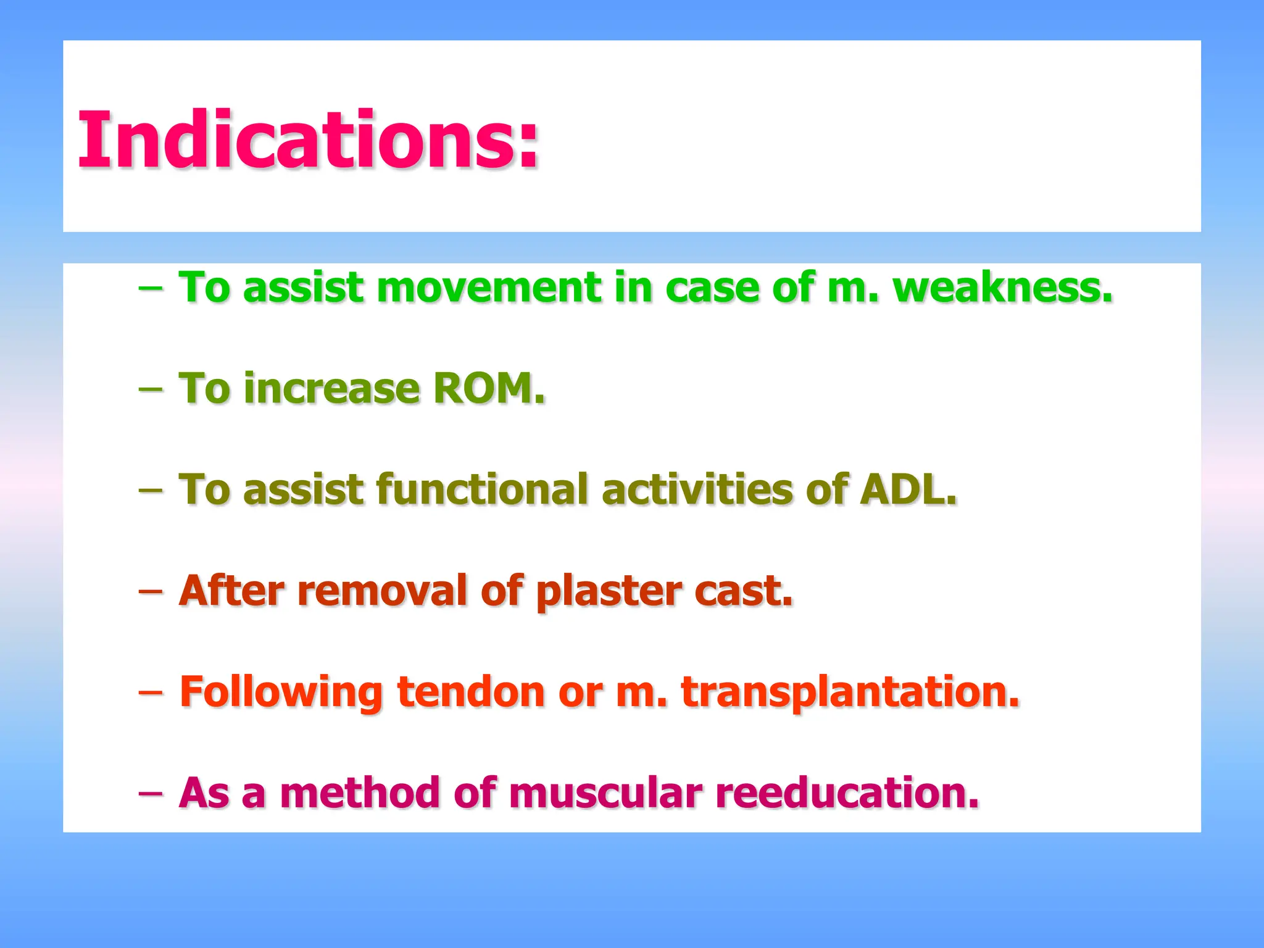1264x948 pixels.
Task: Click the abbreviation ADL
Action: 908,489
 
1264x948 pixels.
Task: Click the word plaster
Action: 608,591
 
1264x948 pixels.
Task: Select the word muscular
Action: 605,793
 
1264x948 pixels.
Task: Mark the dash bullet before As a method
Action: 151,793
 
